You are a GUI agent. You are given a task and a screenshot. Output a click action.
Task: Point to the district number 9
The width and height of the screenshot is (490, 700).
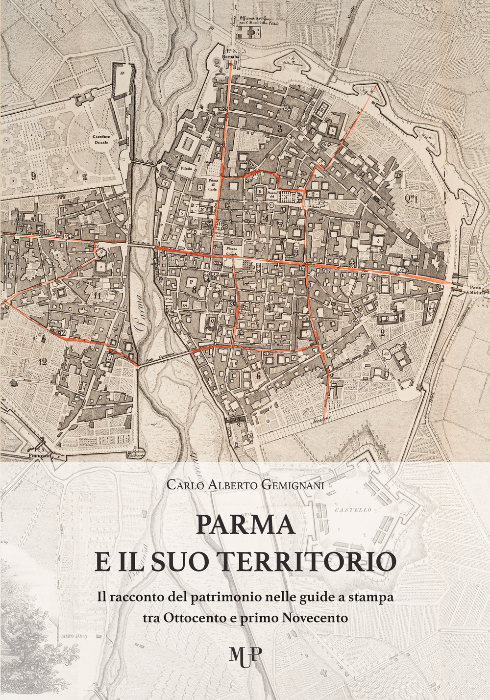33,176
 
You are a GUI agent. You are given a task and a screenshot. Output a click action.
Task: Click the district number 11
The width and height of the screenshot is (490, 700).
97,296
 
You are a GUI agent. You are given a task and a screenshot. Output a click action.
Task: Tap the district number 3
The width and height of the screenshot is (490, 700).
279,129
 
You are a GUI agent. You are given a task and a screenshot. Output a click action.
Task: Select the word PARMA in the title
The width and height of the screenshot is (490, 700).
245,525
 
